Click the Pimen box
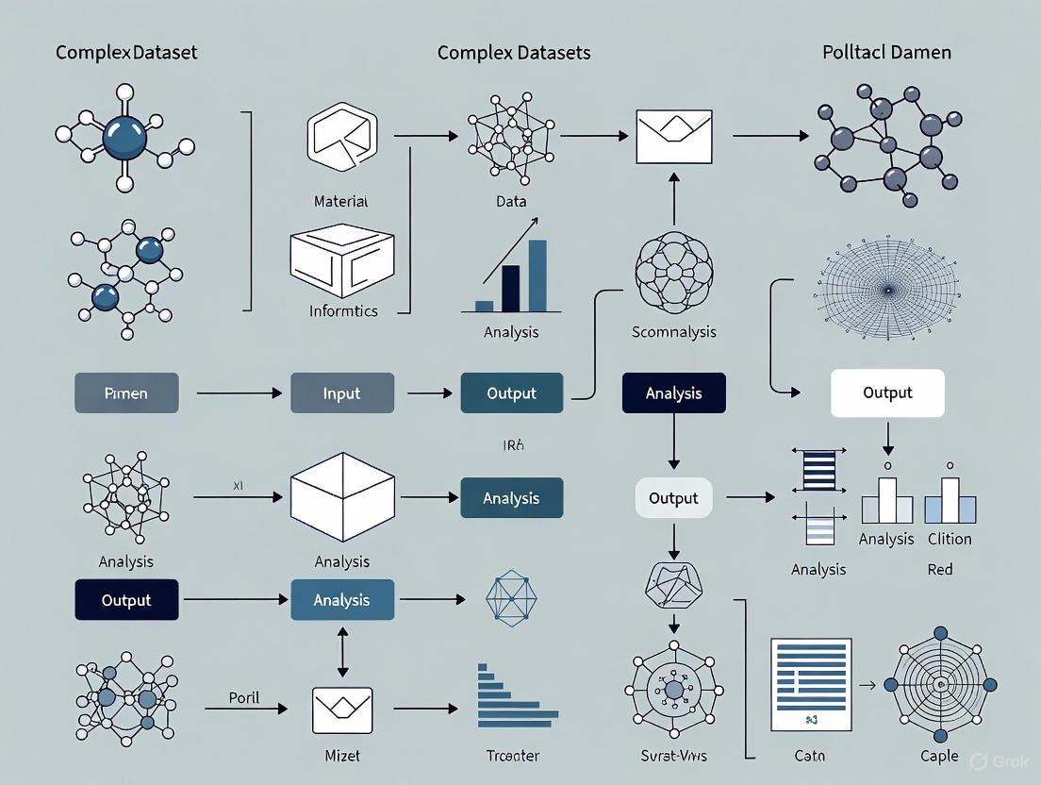click(126, 393)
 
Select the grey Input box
click(341, 393)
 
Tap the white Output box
click(886, 392)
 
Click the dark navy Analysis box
click(673, 393)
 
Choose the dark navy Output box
click(126, 600)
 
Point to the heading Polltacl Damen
click(886, 53)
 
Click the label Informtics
click(343, 310)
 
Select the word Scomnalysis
click(673, 331)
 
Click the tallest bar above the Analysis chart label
click(537, 276)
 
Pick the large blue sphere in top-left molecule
click(124, 137)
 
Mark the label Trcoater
click(511, 756)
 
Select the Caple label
click(939, 756)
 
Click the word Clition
click(949, 539)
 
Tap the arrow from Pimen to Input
click(239, 392)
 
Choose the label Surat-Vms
click(673, 756)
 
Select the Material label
click(340, 201)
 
